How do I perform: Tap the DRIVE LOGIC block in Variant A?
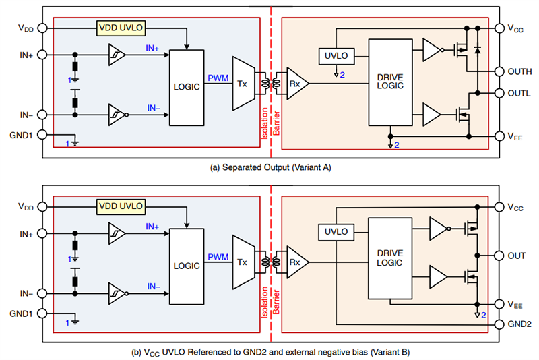click(x=390, y=82)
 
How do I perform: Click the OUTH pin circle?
click(x=499, y=71)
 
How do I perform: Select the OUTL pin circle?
click(x=499, y=93)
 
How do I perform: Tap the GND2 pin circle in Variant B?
click(x=499, y=325)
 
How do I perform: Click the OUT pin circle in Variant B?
click(x=499, y=256)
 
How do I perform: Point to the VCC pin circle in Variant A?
click(x=499, y=28)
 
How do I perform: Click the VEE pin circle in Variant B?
click(x=499, y=304)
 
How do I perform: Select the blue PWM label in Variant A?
click(x=218, y=78)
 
